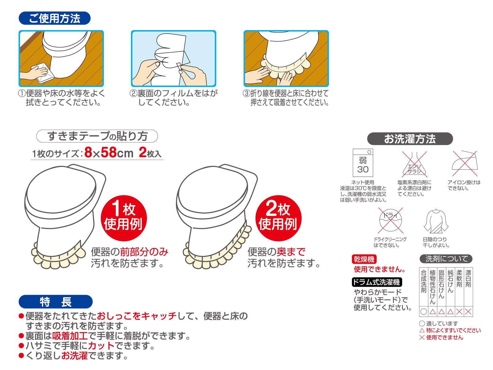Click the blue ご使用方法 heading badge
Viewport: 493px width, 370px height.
tap(54, 18)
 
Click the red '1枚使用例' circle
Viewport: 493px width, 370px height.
tap(124, 218)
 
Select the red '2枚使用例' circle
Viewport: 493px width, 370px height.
tap(278, 218)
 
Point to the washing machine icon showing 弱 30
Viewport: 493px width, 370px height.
tap(363, 163)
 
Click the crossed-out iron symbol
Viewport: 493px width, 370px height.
tap(465, 163)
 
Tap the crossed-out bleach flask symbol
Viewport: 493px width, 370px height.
tap(414, 164)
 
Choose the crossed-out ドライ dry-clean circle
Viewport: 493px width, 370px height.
tap(391, 220)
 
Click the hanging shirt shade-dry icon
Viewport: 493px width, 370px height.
tap(436, 221)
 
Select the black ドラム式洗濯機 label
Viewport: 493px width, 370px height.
tap(377, 282)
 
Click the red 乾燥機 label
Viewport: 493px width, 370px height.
tap(364, 259)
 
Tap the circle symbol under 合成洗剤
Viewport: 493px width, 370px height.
tap(424, 312)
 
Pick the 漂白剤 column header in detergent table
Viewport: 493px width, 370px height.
tap(468, 278)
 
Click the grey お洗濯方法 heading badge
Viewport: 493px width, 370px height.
tap(410, 139)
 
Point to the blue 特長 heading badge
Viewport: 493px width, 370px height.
tap(55, 302)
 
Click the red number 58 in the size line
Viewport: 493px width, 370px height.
tap(109, 152)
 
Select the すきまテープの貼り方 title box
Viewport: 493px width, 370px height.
tap(97, 136)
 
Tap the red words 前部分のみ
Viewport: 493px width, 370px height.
tap(144, 252)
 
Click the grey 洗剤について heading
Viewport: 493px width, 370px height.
tap(446, 259)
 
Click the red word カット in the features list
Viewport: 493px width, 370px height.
tap(101, 346)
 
